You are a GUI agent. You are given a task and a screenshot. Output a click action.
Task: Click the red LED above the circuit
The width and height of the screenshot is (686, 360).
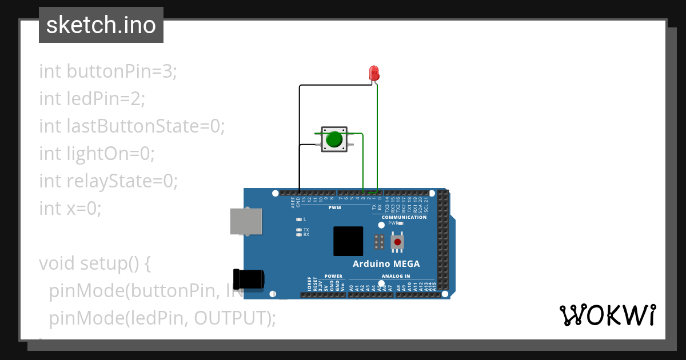pyautogui.click(x=374, y=73)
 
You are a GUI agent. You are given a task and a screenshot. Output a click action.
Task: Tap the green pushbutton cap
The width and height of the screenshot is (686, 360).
pyautogui.click(x=334, y=139)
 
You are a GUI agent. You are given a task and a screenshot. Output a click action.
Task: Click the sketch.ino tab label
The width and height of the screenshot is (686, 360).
pyautogui.click(x=101, y=25)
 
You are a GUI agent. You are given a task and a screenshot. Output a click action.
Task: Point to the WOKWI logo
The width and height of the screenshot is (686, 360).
pyautogui.click(x=607, y=315)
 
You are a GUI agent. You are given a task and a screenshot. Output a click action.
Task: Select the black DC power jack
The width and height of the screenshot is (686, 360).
pyautogui.click(x=249, y=278)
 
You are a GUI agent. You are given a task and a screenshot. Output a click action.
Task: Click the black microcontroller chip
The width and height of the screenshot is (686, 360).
pyautogui.click(x=348, y=241)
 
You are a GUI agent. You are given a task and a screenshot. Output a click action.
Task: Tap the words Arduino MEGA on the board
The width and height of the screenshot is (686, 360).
pyautogui.click(x=386, y=264)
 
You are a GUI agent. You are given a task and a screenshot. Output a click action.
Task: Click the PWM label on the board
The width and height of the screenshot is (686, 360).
pyautogui.click(x=334, y=207)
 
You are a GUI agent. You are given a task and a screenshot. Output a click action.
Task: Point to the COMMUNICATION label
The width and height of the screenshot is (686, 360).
pyautogui.click(x=404, y=217)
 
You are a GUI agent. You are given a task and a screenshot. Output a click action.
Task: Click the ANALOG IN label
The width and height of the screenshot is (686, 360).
pyautogui.click(x=396, y=276)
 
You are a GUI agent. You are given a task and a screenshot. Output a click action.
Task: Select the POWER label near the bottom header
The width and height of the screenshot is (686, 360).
pyautogui.click(x=333, y=276)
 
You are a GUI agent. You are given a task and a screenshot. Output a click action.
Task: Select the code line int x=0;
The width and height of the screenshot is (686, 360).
pyautogui.click(x=70, y=209)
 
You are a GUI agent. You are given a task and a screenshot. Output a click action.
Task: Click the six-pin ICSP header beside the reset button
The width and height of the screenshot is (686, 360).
pyautogui.click(x=378, y=242)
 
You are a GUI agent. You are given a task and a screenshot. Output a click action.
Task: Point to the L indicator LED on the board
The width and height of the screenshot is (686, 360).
pyautogui.click(x=299, y=219)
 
